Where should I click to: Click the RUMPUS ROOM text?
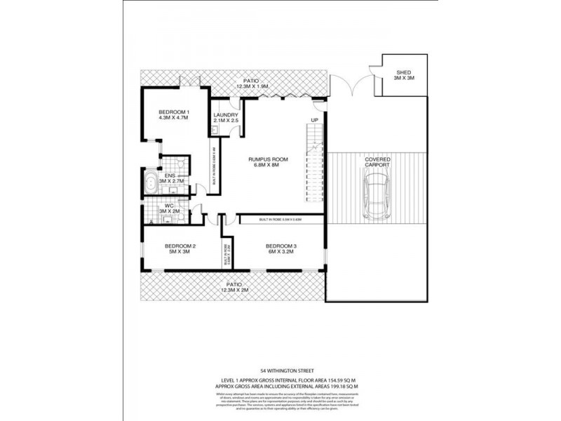[269, 159]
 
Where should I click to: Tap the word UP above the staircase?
[315, 120]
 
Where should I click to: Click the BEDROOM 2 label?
[180, 246]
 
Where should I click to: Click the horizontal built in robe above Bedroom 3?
[280, 220]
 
